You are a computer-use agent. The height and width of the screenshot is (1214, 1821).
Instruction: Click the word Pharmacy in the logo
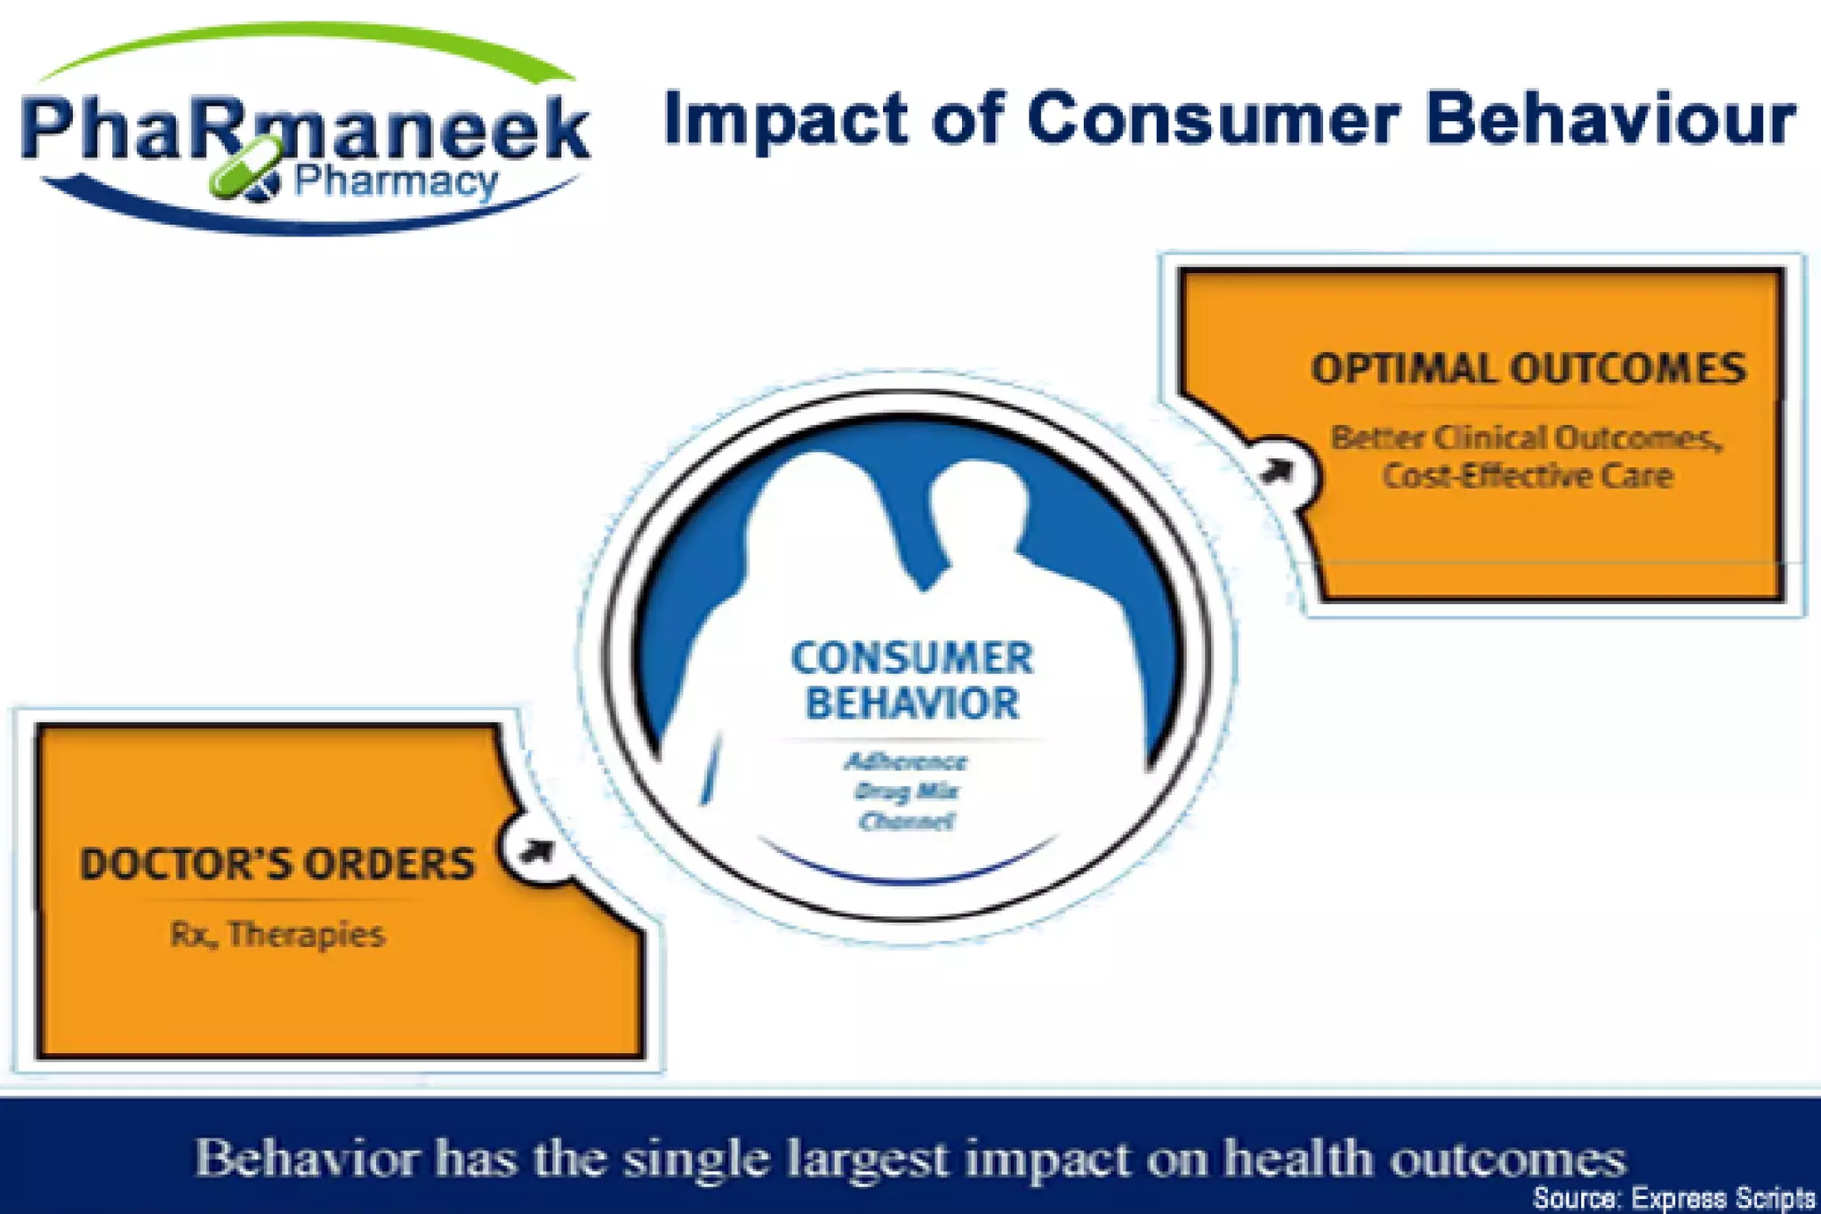396,182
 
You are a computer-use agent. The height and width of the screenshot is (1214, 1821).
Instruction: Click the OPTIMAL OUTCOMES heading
1528,369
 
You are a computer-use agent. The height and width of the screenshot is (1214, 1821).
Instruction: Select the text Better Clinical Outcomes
1525,438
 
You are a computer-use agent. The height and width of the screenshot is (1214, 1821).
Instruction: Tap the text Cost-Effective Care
1527,476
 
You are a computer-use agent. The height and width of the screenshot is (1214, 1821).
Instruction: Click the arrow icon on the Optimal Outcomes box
1278,470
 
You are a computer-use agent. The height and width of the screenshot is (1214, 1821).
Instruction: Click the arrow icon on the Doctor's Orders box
537,851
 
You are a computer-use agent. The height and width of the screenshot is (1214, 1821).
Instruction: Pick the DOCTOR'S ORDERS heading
277,864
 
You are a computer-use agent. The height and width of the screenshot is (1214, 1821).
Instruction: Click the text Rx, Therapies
277,935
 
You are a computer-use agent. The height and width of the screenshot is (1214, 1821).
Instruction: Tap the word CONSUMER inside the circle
911,659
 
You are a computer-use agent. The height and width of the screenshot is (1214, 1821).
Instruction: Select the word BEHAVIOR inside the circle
911,703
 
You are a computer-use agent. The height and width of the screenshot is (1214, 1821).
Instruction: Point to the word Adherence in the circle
905,761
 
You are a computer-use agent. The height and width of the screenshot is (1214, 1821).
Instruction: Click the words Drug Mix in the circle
905,791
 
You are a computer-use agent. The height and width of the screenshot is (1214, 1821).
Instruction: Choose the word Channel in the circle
905,821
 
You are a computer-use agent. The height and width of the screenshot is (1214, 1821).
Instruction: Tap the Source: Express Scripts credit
1673,1198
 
